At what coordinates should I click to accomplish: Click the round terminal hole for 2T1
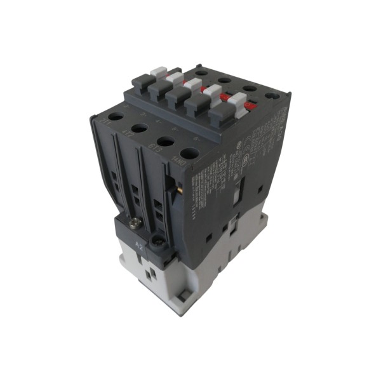click(115, 117)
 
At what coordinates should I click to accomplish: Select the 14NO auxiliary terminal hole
click(189, 153)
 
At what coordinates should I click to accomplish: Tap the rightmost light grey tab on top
click(239, 100)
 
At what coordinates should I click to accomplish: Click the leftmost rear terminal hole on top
click(201, 73)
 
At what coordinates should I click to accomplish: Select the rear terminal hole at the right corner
click(272, 97)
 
